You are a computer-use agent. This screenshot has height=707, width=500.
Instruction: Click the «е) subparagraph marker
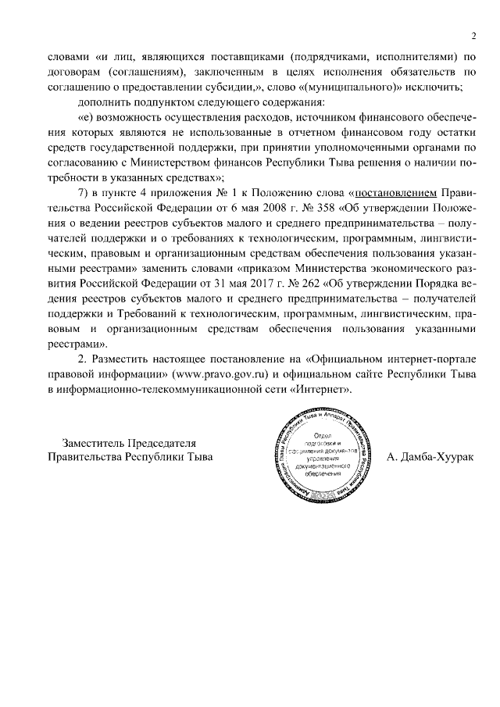[84, 117]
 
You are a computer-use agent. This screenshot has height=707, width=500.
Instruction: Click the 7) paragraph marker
[84, 192]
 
